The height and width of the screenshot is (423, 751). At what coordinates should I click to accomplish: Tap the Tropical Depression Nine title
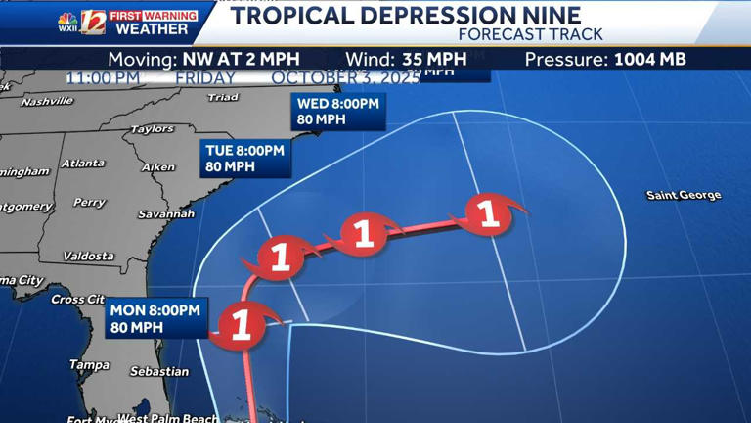click(x=406, y=16)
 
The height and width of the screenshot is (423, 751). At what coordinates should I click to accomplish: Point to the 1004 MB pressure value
click(x=650, y=59)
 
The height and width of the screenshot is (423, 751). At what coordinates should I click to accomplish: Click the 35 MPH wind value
click(x=433, y=59)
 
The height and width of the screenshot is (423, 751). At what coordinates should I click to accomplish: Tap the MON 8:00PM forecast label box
click(x=155, y=318)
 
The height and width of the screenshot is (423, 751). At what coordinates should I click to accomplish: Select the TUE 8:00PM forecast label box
click(x=244, y=159)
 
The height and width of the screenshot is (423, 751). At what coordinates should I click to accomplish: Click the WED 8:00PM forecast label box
click(x=338, y=112)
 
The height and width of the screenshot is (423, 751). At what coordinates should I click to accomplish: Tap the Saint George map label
click(x=684, y=196)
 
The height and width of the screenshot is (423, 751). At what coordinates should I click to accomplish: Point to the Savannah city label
click(x=165, y=213)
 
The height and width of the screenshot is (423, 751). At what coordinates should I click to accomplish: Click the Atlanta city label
click(x=82, y=164)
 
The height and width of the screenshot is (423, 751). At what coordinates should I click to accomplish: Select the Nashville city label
click(x=46, y=101)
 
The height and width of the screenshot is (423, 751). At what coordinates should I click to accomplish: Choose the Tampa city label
click(x=89, y=365)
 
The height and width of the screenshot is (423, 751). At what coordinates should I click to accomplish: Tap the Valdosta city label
click(x=88, y=257)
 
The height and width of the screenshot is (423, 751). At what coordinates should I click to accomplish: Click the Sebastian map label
click(x=159, y=372)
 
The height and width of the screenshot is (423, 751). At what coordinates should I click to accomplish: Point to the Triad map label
click(x=223, y=97)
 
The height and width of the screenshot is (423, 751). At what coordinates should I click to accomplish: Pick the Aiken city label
click(x=157, y=167)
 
